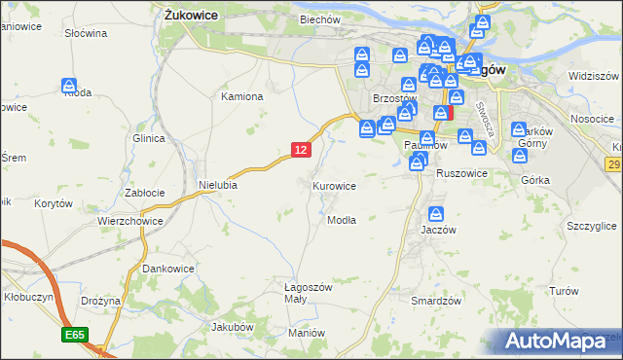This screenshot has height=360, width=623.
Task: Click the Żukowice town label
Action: [191, 16]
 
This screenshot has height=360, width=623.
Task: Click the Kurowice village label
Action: [334, 185]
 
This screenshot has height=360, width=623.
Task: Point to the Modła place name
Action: [341, 220]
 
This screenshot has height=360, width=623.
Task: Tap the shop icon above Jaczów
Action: [436, 214]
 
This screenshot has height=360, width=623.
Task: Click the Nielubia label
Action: [218, 184]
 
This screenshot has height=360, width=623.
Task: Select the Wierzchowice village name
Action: [128, 221]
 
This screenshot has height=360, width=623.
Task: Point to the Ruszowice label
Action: [461, 173]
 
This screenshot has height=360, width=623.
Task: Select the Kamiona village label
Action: [242, 97]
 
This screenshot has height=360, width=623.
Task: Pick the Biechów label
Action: [320, 19]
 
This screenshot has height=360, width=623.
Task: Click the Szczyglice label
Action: [591, 226]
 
